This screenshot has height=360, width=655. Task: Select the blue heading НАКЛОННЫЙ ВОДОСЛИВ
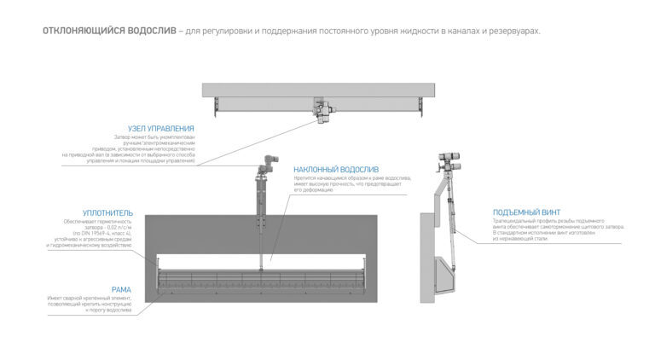click(x=336, y=169)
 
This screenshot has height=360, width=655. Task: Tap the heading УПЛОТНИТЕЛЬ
click(x=108, y=212)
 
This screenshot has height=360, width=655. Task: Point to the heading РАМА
click(x=121, y=289)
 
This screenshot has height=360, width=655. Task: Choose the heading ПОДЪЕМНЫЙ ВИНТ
click(x=525, y=212)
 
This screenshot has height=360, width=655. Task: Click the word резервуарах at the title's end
click(x=513, y=31)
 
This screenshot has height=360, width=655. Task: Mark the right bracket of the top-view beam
click(x=420, y=103)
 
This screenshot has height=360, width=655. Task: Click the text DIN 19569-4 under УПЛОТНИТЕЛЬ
click(x=90, y=233)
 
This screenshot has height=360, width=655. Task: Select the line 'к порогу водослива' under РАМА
click(x=109, y=311)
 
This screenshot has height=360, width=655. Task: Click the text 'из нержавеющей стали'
click(x=520, y=239)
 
